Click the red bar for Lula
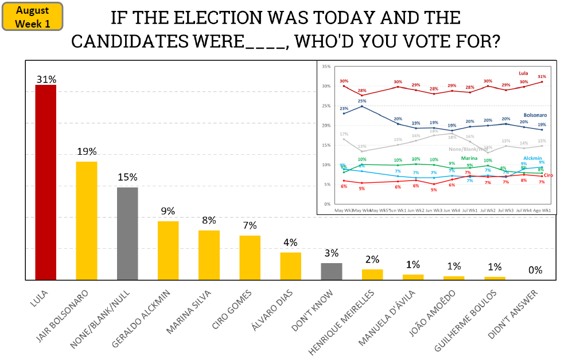[46, 182]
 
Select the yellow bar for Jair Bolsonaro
[87, 221]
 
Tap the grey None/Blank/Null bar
[127, 233]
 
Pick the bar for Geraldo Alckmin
[168, 251]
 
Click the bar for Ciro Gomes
[250, 257]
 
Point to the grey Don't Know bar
[331, 271]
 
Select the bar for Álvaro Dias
[290, 266]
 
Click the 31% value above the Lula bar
[46, 79]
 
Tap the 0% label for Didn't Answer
[535, 270]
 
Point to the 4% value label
[290, 242]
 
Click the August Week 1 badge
[32, 17]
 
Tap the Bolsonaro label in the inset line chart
[536, 115]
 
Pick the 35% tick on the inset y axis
[326, 66]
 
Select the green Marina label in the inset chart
[469, 158]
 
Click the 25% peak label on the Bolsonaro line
[361, 101]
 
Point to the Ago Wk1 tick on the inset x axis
[542, 210]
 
